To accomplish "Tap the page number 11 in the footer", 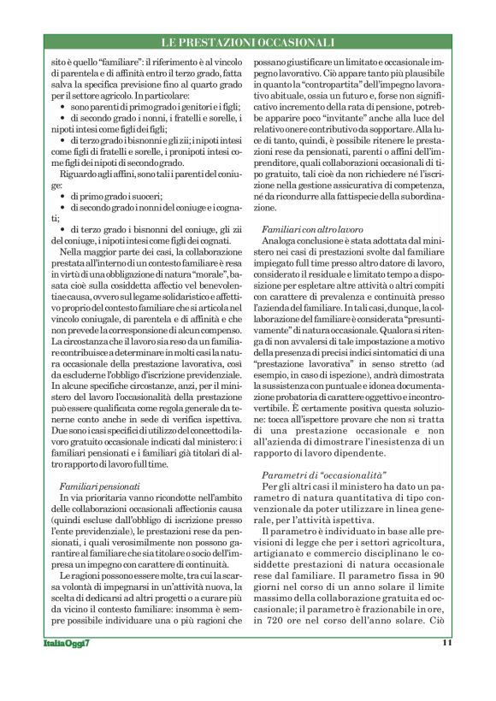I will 446,667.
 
